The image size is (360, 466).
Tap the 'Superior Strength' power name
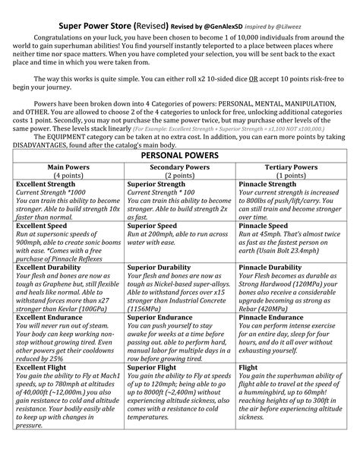(157, 184)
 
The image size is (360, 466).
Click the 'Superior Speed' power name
(152, 226)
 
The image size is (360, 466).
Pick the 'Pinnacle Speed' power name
(264, 226)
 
